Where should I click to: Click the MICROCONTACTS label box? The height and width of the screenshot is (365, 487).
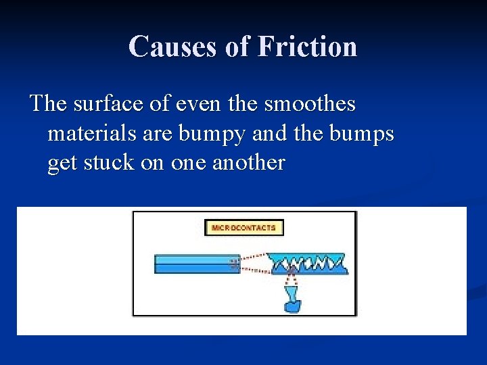244,228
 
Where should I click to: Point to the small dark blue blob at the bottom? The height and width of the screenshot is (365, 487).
293,307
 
